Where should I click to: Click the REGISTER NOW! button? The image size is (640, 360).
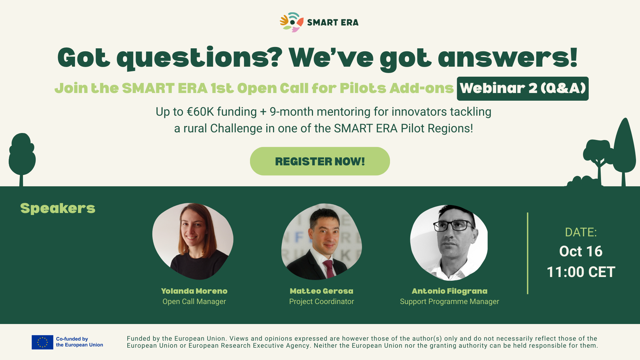pos(320,161)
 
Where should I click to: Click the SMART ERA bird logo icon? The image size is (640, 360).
pos(292,22)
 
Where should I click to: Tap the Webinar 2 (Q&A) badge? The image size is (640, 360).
pos(523,89)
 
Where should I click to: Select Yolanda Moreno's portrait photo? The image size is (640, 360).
pos(193,241)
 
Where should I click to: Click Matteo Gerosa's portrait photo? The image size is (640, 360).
pos(322,242)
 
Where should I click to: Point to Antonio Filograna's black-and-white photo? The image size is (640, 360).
pos(449,243)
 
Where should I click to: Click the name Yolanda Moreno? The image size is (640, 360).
pos(194,291)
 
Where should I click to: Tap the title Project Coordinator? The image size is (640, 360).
pos(322,302)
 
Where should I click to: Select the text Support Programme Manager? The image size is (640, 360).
pos(449,302)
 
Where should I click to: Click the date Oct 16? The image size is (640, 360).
pos(581,251)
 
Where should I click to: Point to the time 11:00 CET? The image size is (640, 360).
pos(581,272)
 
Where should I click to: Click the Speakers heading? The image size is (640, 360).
pos(58,209)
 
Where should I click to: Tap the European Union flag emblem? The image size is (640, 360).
pos(42,342)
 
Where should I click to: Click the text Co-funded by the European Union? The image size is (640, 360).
pos(79,342)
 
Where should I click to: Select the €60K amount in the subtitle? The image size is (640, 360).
pos(200,112)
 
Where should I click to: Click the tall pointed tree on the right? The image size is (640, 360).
pos(624,150)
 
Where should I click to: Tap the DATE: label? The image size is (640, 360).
pos(581,232)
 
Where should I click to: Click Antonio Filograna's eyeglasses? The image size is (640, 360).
pos(454,226)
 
